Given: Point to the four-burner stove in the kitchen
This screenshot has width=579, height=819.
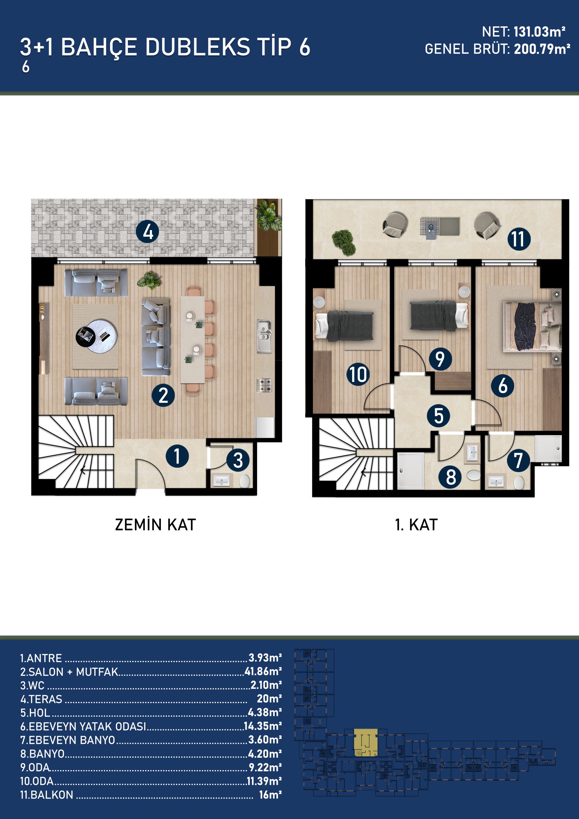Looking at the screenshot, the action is point(264,385).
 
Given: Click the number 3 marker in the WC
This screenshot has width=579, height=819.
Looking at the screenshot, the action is point(238,460).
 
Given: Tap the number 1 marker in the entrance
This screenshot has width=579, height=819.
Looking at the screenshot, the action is point(177,456).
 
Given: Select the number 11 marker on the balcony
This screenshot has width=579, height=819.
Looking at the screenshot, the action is point(519,239).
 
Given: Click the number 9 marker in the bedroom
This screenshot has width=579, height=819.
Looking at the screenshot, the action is point(440,359).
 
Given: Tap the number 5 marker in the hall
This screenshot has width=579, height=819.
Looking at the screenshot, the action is point(439,416).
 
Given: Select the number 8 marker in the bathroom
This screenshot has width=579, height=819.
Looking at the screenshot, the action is point(451,477).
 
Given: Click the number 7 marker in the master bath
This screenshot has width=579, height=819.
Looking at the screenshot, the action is point(518,460).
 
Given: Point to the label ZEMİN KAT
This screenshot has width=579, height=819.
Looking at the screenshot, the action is point(155,525).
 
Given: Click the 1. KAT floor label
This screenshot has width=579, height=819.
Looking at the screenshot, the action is point(416,525).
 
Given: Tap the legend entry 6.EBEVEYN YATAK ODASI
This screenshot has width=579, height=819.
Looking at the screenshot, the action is point(83,726).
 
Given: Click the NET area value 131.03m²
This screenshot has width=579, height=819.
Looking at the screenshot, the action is point(539,32).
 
